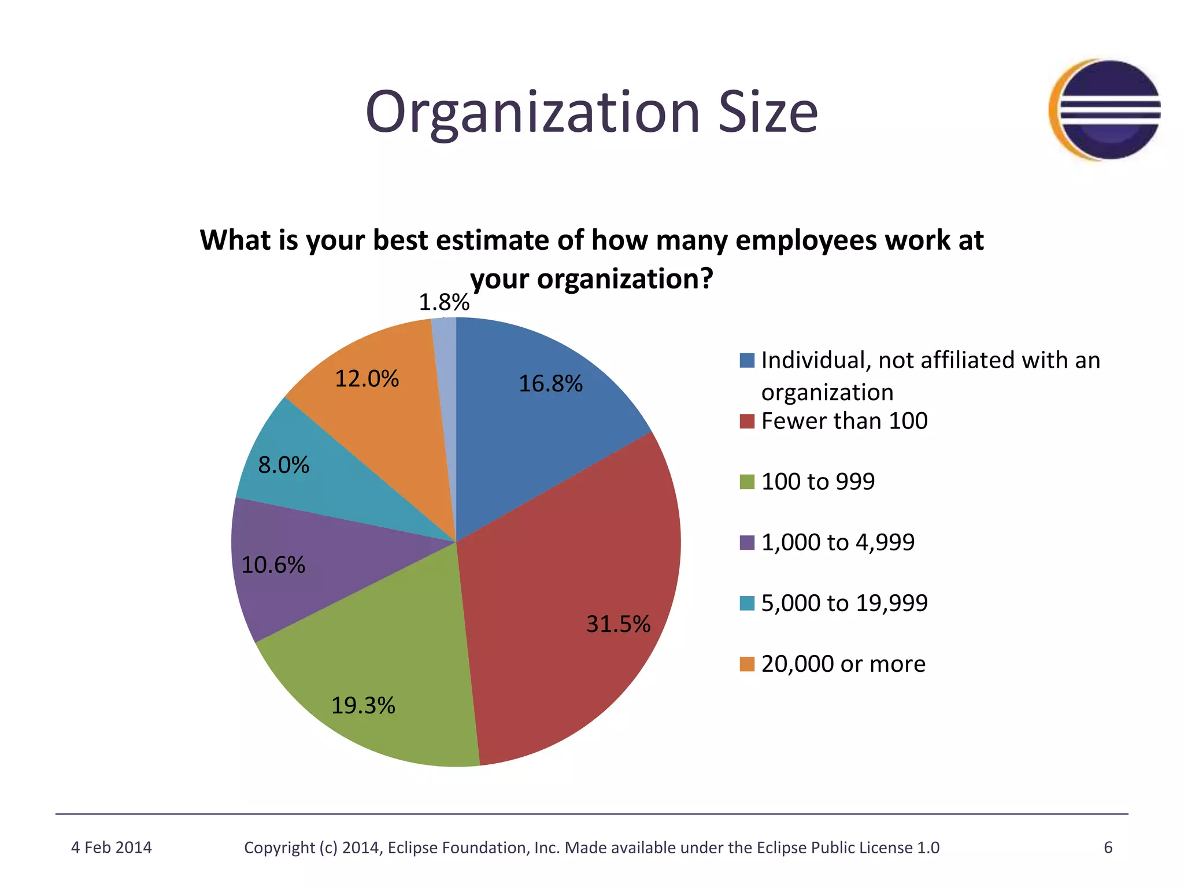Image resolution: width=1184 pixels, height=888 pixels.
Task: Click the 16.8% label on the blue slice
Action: [x=550, y=384]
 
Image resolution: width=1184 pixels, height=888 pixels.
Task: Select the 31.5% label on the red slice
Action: [x=617, y=624]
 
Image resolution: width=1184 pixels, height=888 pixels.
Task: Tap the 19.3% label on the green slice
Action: [x=363, y=706]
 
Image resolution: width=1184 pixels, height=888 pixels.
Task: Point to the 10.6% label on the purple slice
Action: [x=273, y=565]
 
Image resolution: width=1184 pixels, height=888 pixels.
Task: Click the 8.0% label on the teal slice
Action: [x=283, y=465]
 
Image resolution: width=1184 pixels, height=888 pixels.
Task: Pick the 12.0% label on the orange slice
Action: [x=367, y=379]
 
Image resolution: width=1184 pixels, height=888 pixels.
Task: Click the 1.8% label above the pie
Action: [x=443, y=302]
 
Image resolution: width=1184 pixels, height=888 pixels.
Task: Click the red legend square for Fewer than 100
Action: [x=747, y=421]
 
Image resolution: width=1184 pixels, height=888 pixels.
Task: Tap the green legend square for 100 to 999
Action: [x=747, y=482]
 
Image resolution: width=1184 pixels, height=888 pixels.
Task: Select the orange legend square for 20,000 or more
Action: [x=747, y=664]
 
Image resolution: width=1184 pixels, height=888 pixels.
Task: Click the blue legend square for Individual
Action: [x=747, y=361]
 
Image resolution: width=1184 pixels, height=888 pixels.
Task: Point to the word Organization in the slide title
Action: [x=532, y=113]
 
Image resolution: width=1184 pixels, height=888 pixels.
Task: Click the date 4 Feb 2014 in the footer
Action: [x=111, y=848]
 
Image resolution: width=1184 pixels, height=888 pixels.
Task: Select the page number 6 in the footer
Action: [x=1108, y=848]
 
